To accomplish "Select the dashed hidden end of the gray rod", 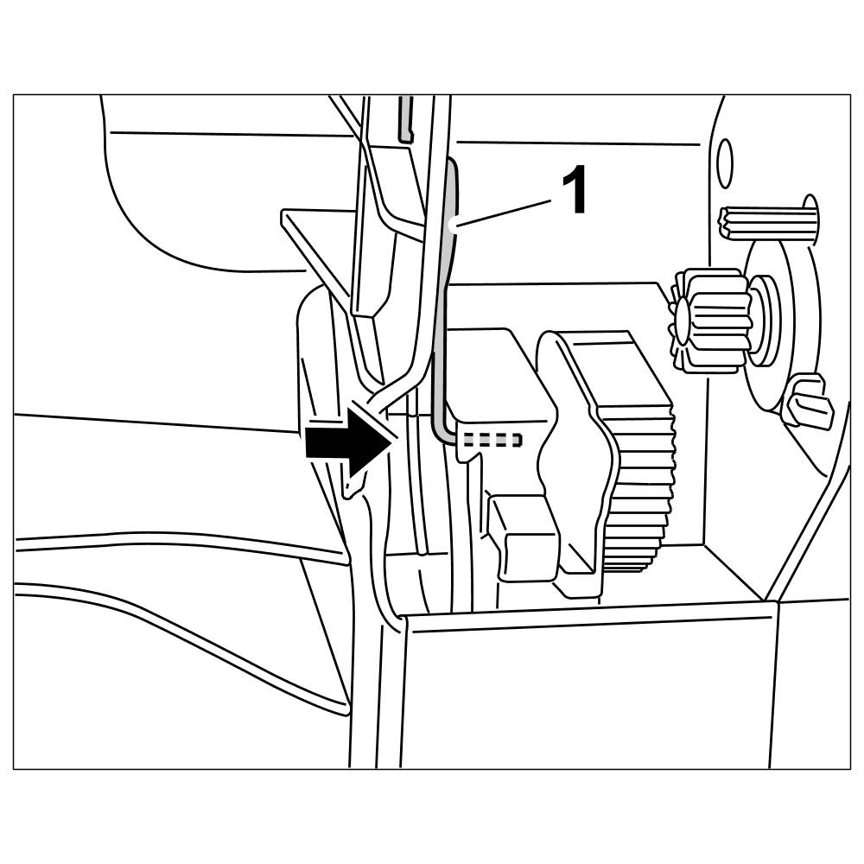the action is click(492, 439).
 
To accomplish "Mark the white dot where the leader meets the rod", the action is click(455, 227).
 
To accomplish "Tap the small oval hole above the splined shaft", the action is click(726, 164).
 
